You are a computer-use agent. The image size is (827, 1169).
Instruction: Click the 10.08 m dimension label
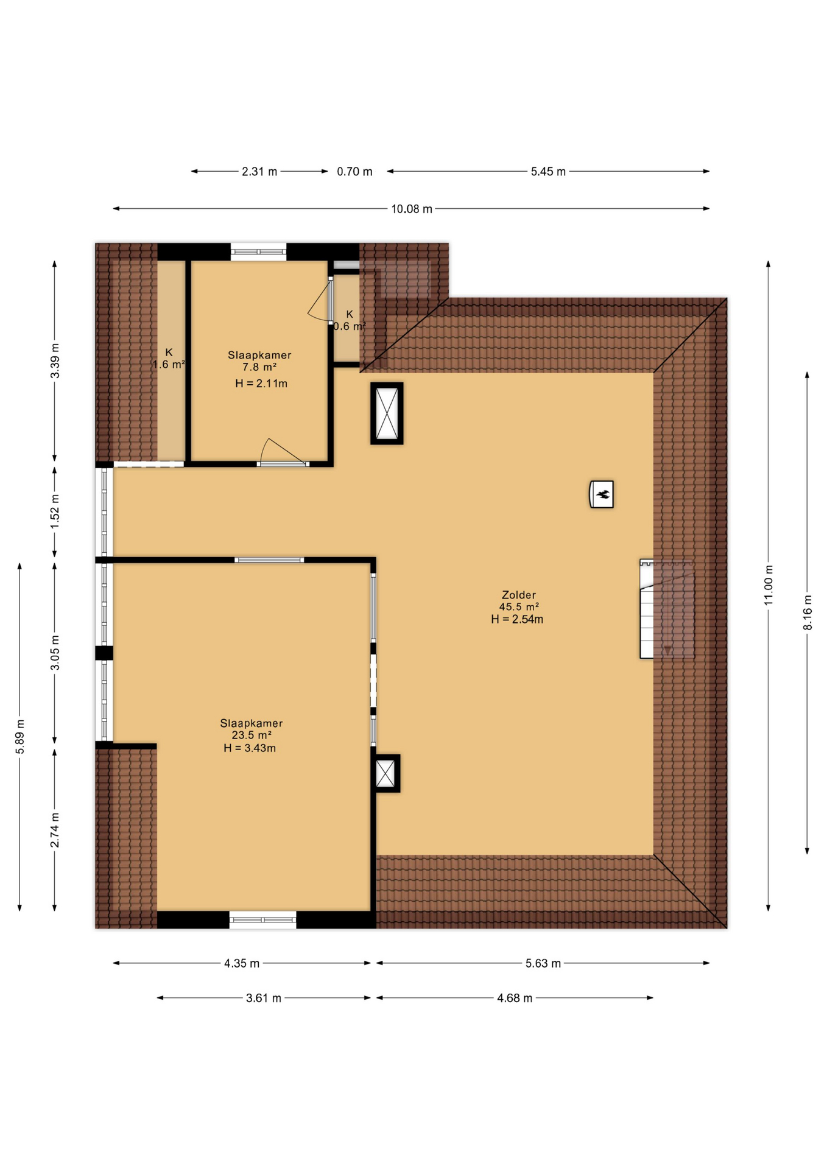coord(411,209)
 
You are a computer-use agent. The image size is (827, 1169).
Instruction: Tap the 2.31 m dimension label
coord(259,172)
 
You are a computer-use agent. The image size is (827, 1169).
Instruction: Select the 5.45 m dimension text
coord(547,172)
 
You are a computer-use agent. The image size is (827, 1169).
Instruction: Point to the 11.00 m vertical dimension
coord(769,584)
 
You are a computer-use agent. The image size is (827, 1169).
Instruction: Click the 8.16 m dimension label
coord(808,612)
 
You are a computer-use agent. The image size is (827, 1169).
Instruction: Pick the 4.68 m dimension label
coord(514,998)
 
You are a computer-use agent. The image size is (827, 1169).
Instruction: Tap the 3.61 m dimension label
coord(263,998)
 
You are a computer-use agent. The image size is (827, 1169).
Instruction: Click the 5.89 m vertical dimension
coord(20,736)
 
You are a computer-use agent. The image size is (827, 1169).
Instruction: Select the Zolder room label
coord(518,595)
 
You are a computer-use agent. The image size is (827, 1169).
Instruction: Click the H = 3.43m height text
coord(249,748)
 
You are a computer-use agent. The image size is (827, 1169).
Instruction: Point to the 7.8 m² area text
coord(259,367)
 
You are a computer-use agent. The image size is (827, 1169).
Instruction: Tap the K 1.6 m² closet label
coord(169,359)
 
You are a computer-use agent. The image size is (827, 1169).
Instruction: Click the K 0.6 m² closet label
coord(349,320)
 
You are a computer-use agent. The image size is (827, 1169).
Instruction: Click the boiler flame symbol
coord(601,494)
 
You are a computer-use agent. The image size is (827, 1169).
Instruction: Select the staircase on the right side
coord(666,609)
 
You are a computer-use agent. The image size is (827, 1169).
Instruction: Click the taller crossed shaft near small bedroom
coord(387,413)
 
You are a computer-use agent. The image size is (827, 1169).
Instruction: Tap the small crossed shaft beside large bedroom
coord(385,773)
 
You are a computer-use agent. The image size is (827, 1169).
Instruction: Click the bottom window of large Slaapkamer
coord(262,919)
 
